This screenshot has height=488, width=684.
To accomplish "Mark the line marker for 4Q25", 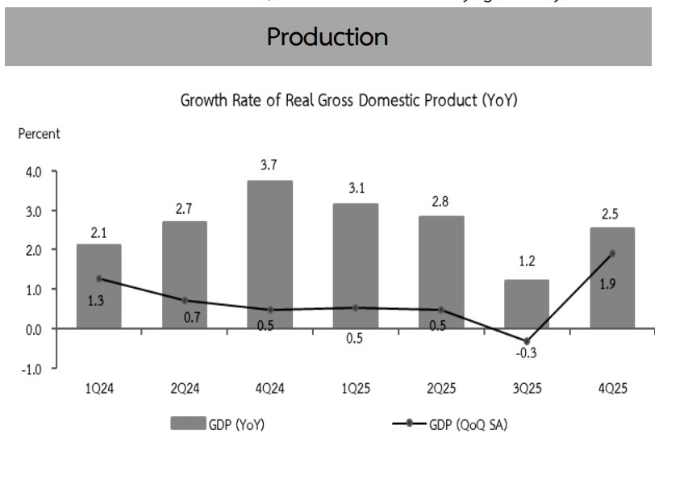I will pyautogui.click(x=613, y=253).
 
